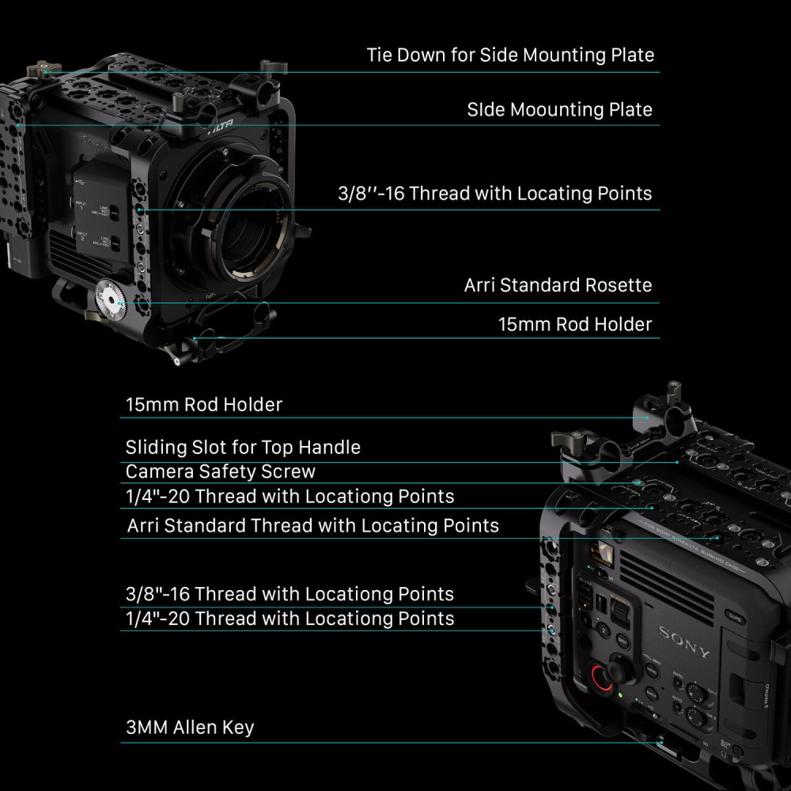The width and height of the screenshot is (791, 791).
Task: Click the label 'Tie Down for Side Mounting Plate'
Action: pyautogui.click(x=510, y=55)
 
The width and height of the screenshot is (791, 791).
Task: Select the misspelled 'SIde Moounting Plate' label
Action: pyautogui.click(x=559, y=109)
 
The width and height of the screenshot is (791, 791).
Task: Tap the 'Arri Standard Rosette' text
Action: pyautogui.click(x=558, y=285)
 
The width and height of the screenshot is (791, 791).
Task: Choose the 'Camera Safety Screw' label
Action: pyautogui.click(x=221, y=472)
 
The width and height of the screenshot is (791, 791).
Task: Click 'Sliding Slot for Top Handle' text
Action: pyautogui.click(x=243, y=448)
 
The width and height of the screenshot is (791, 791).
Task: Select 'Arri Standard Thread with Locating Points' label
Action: pyautogui.click(x=313, y=525)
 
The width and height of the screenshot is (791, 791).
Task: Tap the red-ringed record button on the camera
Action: pyautogui.click(x=602, y=677)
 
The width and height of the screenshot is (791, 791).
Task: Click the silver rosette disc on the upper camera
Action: pyautogui.click(x=110, y=301)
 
